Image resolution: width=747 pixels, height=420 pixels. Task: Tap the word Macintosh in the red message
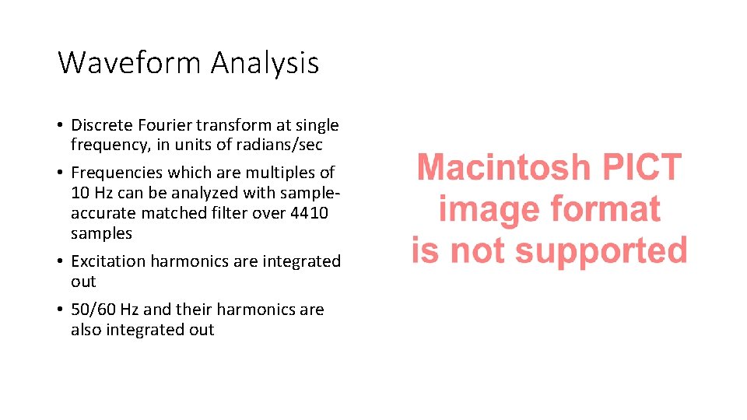pos(503,168)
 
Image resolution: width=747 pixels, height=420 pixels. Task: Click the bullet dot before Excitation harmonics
pos(60,262)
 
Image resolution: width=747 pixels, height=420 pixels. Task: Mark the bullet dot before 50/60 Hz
pos(60,310)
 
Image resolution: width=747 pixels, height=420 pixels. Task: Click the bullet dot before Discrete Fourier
pos(60,126)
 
